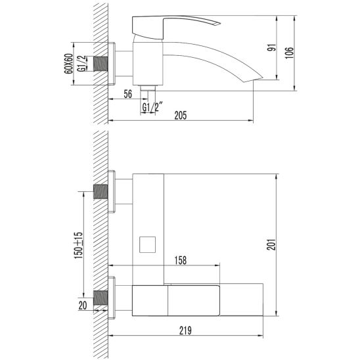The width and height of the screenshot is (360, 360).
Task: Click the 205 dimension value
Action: (181, 115)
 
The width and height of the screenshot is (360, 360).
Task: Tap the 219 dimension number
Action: (185, 330)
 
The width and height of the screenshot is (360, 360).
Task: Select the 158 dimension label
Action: (181, 260)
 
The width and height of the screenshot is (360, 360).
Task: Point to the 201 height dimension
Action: (271, 245)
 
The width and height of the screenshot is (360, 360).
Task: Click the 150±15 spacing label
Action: (78, 245)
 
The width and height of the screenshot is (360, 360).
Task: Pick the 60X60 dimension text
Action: (68, 64)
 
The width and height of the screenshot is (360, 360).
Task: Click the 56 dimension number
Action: (128, 94)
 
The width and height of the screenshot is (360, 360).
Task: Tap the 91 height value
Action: (272, 48)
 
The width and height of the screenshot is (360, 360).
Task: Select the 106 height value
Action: (290, 53)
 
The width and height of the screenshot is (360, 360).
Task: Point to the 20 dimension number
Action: (83, 305)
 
